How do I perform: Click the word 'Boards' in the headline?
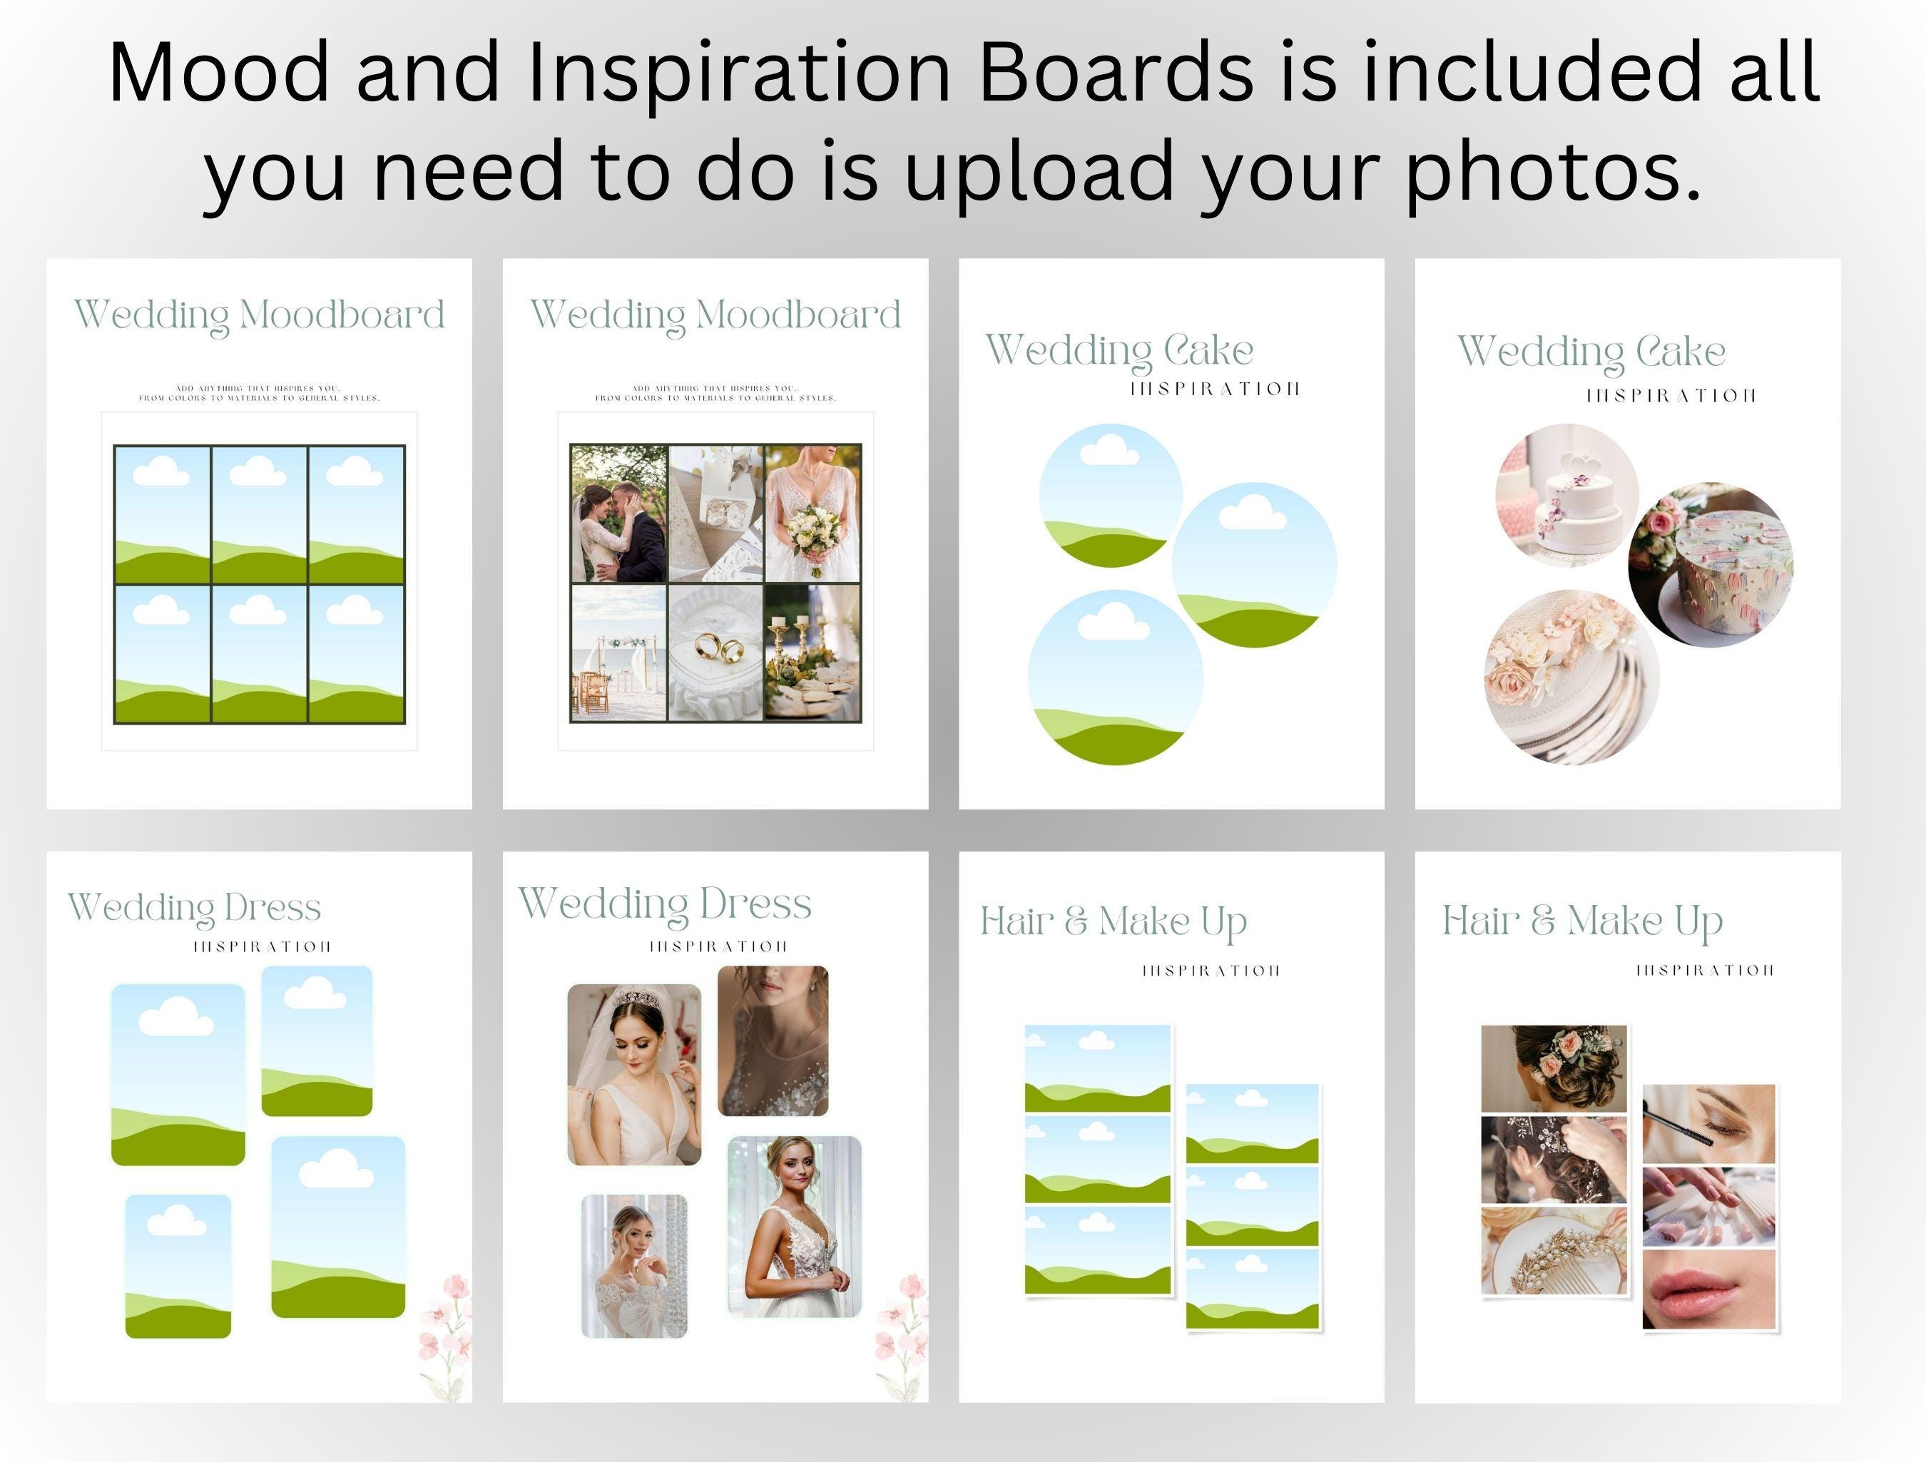[x=1114, y=73]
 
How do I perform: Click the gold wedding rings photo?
[x=715, y=653]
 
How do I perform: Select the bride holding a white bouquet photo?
[x=813, y=512]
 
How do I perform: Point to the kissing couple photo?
[x=619, y=513]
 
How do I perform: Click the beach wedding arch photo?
[x=618, y=653]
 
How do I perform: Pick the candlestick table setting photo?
[x=812, y=653]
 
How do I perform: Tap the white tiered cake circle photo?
[x=1566, y=496]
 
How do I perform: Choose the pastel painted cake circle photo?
[x=1710, y=565]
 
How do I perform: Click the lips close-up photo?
[x=1708, y=1289]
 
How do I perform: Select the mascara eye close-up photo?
[x=1708, y=1123]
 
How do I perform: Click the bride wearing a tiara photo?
[x=634, y=1075]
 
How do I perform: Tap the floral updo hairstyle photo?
[x=1554, y=1068]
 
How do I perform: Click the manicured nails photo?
[x=1708, y=1207]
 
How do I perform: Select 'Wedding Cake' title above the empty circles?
[x=1119, y=350]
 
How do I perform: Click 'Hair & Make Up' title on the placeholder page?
[x=1114, y=921]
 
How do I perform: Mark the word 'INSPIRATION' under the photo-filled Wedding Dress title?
[x=718, y=946]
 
